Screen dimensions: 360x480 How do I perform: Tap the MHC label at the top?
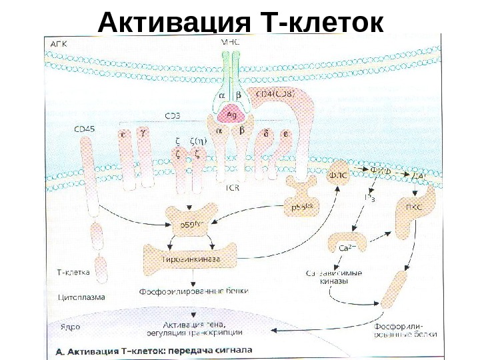(230, 42)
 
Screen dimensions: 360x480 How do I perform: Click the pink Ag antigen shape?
(231, 114)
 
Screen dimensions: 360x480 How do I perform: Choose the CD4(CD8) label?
(274, 94)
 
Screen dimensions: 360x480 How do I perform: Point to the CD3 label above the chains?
(173, 116)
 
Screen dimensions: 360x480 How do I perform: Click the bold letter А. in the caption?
(59, 349)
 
